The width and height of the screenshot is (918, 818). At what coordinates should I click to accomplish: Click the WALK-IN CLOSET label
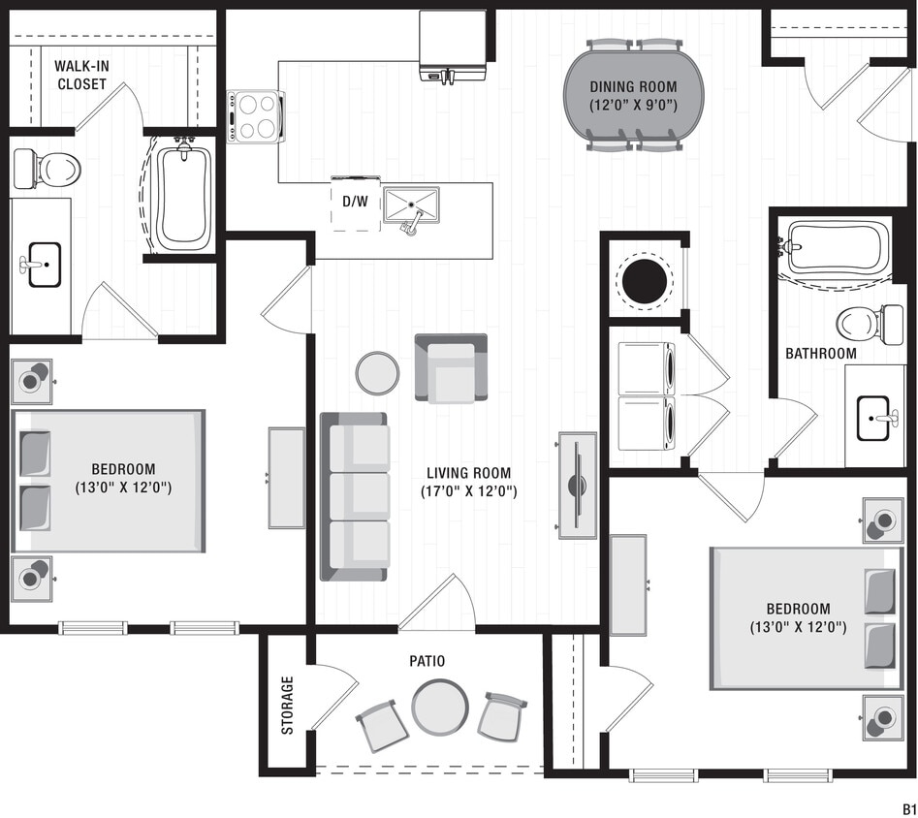(x=80, y=75)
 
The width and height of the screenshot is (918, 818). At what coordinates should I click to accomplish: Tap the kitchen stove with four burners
(x=256, y=116)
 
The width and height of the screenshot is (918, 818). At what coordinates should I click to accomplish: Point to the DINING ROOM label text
(x=634, y=95)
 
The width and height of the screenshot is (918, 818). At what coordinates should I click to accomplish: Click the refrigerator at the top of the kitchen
(x=452, y=44)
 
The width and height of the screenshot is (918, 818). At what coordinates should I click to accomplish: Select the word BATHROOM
(x=820, y=354)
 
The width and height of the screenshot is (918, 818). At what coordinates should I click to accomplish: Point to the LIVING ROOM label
(x=469, y=482)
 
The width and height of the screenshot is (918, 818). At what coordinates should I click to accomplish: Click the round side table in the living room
(x=377, y=372)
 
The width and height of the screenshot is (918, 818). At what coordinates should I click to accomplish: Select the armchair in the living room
(x=451, y=368)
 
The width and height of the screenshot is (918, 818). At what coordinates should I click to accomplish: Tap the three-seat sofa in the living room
(x=354, y=496)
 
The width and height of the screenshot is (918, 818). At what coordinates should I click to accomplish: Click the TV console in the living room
(x=577, y=485)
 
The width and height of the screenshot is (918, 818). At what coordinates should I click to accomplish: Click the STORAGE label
(x=288, y=705)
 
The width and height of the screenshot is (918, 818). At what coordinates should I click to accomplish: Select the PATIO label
(x=427, y=661)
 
